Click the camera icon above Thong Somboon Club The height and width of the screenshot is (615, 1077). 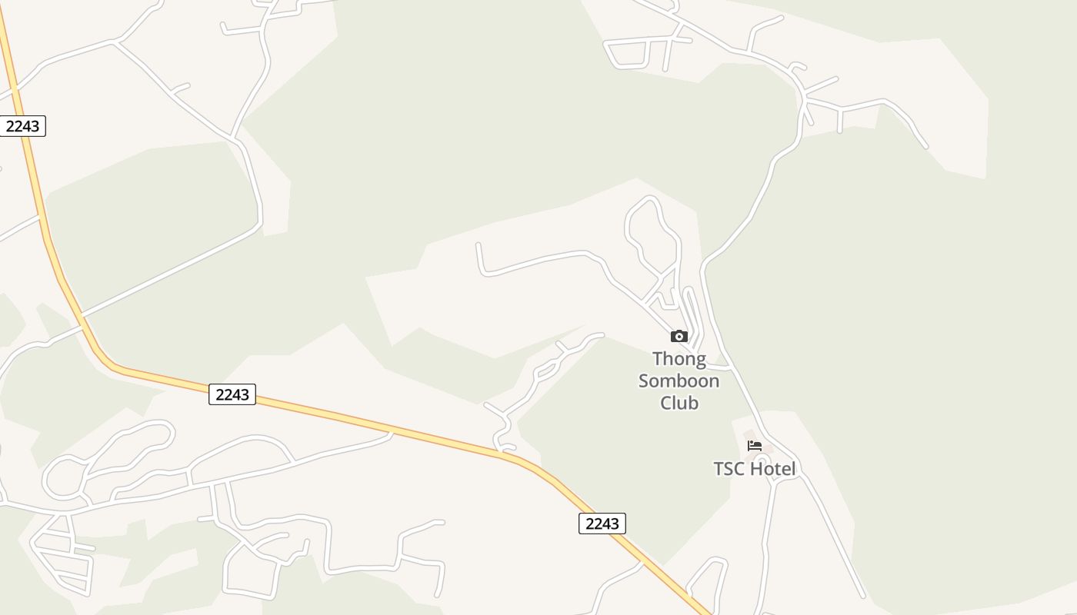(679, 336)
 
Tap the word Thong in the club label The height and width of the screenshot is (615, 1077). (679, 359)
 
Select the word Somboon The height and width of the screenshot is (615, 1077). (679, 381)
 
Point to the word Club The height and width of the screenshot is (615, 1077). (679, 402)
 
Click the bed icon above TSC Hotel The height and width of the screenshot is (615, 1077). (754, 446)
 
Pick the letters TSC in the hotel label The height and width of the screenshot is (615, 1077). (729, 469)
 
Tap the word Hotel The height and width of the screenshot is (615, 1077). (772, 469)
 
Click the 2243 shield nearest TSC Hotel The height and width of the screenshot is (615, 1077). (602, 524)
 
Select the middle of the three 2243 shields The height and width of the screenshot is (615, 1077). (232, 394)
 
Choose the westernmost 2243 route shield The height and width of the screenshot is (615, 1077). (22, 126)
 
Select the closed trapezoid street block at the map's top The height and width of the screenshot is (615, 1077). (637, 53)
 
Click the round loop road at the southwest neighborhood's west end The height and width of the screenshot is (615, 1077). (62, 478)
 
